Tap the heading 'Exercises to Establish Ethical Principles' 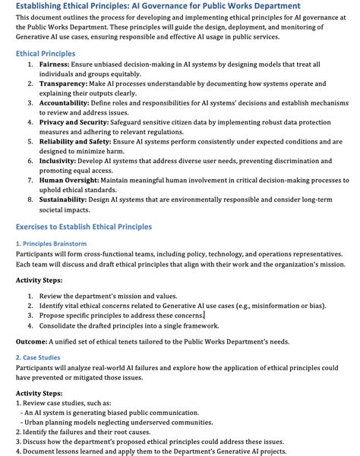[84, 227]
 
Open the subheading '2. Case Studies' [38, 357]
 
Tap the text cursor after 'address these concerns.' [205, 315]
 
